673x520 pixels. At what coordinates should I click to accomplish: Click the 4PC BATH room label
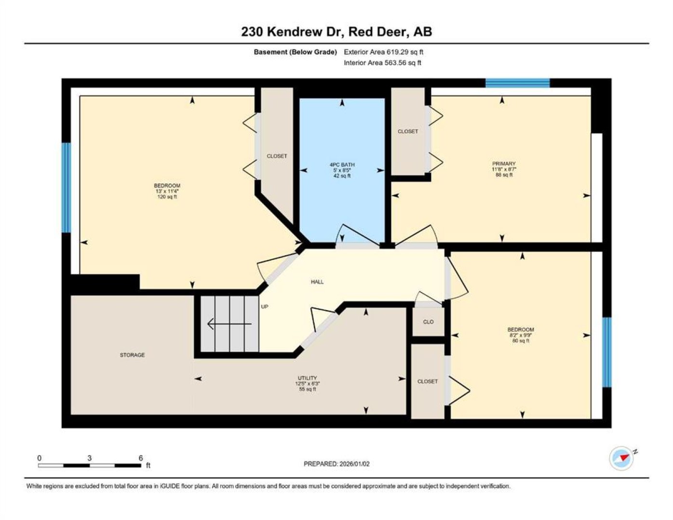342,165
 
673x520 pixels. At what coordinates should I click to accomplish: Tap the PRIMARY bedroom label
504,164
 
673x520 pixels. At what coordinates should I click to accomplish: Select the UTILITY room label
307,378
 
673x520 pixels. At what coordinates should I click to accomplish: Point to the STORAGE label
132,355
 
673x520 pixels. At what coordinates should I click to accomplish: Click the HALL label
317,282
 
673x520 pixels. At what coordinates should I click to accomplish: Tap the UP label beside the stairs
265,307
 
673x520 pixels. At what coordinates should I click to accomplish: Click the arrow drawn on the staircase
229,324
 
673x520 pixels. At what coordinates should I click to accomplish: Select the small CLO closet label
428,322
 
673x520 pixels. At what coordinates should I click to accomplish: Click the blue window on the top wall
517,83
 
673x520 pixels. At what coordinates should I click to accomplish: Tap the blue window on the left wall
66,187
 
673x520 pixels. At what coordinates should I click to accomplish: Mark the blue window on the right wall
607,352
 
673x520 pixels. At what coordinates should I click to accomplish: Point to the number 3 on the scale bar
90,458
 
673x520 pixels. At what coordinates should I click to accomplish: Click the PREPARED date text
336,464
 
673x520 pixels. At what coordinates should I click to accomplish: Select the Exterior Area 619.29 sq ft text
383,52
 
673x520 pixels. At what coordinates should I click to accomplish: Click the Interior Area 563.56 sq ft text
382,63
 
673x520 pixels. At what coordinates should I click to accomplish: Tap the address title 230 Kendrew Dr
293,32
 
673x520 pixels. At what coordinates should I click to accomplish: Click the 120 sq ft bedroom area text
167,197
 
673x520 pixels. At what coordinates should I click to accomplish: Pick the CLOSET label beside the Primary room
408,131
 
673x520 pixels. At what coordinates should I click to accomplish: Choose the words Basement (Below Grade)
295,52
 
